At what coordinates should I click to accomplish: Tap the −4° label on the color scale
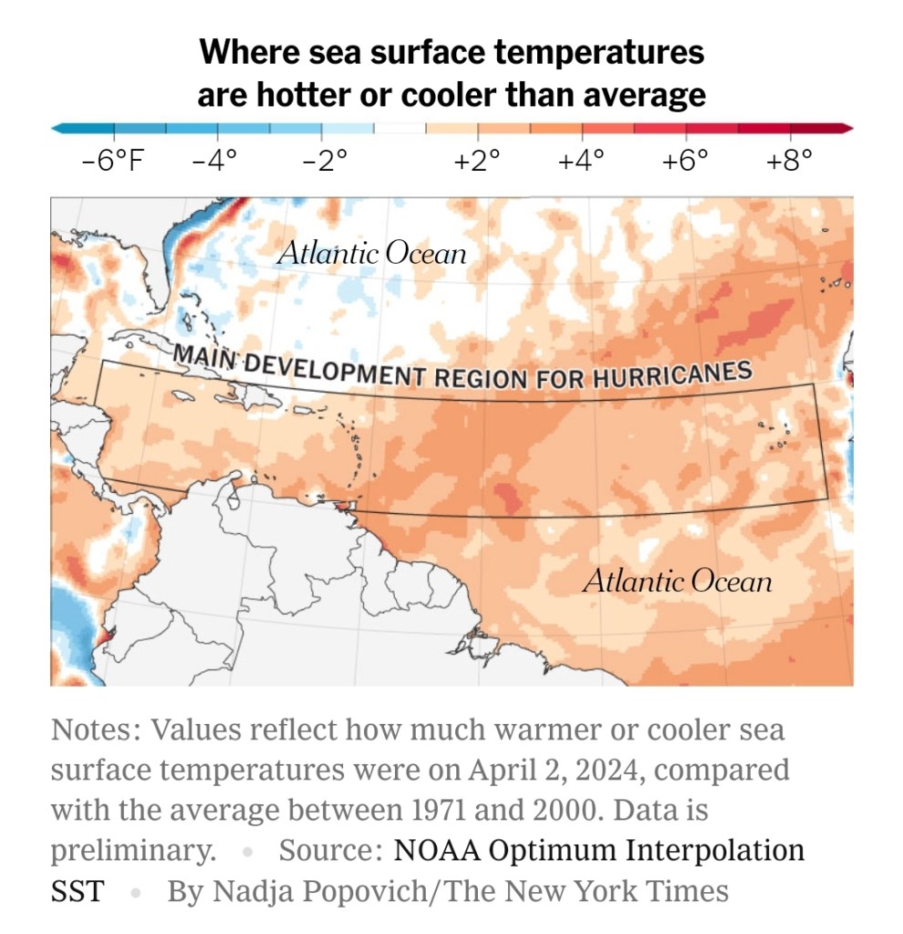point(214,162)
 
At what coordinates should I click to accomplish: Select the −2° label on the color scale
point(325,162)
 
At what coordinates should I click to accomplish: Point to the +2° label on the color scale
point(477,162)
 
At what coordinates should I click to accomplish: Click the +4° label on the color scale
point(581,162)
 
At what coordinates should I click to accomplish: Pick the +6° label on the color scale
point(685,162)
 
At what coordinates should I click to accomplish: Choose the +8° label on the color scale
point(788,162)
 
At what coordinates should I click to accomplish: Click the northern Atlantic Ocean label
point(371,253)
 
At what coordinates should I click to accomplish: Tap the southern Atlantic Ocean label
point(677,581)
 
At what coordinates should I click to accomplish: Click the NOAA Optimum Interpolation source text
point(599,850)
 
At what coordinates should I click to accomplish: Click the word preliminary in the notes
point(132,850)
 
